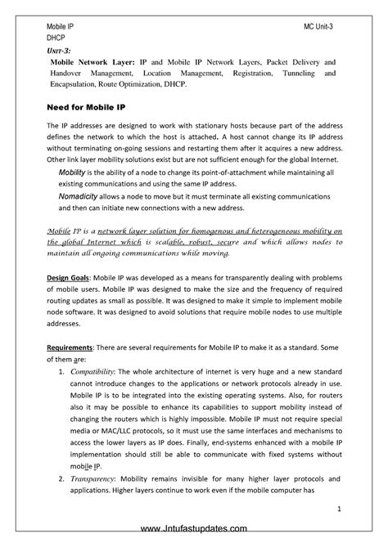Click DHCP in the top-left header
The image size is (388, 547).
click(x=56, y=38)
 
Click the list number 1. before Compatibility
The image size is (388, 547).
click(x=63, y=372)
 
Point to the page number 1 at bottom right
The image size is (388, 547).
click(x=338, y=509)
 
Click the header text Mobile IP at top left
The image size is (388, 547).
click(x=60, y=27)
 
